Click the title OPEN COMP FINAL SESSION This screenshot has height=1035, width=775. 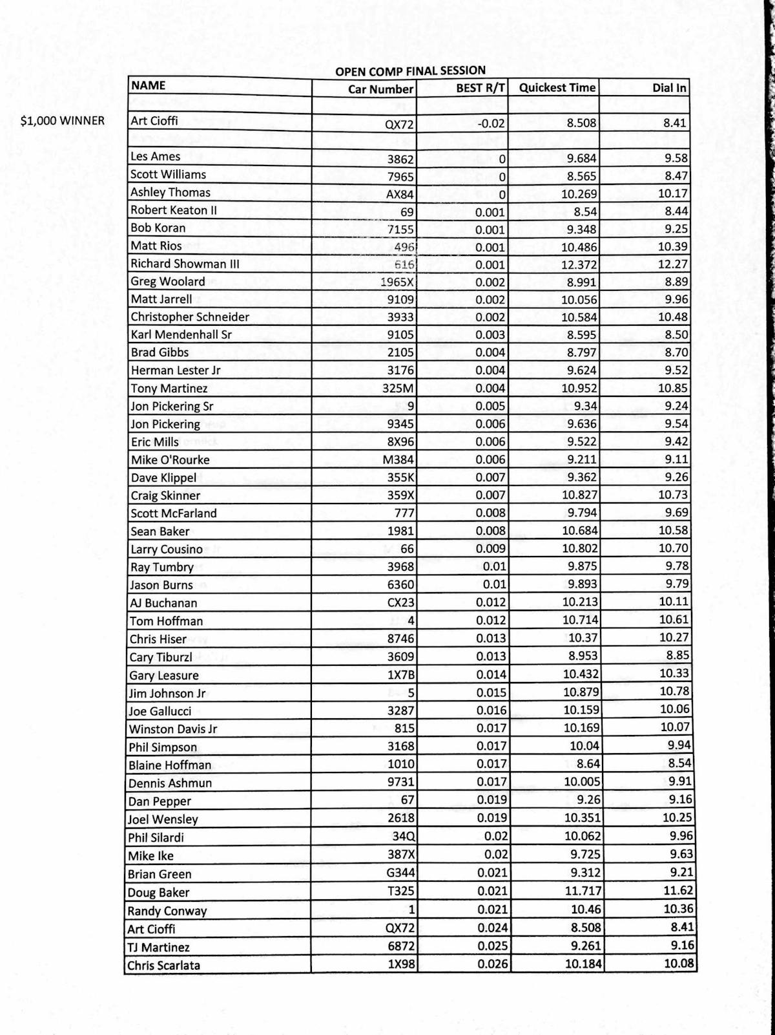click(x=410, y=70)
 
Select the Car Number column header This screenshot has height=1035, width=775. click(x=380, y=89)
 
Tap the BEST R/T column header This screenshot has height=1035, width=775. click(x=480, y=89)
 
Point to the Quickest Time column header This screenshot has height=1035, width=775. click(x=557, y=88)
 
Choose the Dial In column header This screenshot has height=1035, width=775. click(x=670, y=88)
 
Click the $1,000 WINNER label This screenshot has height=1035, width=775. click(x=62, y=121)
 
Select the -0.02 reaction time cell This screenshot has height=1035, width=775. click(x=491, y=123)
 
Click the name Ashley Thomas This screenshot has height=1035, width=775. click(x=170, y=193)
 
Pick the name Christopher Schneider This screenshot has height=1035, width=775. click(x=190, y=317)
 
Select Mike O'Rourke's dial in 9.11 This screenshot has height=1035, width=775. click(x=676, y=460)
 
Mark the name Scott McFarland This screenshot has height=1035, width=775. click(x=174, y=513)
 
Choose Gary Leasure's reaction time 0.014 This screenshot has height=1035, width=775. click(x=491, y=674)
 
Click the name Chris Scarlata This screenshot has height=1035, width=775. click(x=164, y=966)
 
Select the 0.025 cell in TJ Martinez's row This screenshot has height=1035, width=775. click(x=492, y=946)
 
